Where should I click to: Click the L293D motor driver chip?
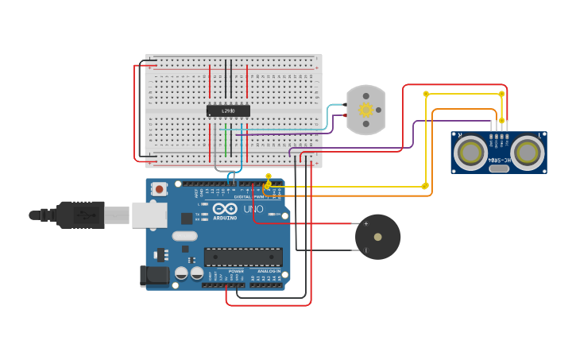(228, 111)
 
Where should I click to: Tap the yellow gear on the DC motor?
(365, 110)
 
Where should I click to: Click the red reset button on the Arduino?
(160, 189)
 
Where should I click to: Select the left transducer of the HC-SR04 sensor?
(471, 152)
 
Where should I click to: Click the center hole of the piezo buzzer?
(377, 237)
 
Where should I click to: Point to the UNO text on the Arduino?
(253, 209)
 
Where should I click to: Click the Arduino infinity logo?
(225, 208)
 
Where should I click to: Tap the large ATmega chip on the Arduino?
(243, 257)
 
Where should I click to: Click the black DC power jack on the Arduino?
(154, 276)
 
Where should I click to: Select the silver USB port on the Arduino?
(149, 215)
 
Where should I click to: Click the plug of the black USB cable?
(79, 215)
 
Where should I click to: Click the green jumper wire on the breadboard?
(226, 142)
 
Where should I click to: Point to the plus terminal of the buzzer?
(365, 224)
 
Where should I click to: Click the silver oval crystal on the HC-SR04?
(498, 168)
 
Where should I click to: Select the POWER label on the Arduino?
(236, 271)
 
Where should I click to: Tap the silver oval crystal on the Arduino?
(184, 236)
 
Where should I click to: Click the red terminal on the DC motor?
(346, 115)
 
